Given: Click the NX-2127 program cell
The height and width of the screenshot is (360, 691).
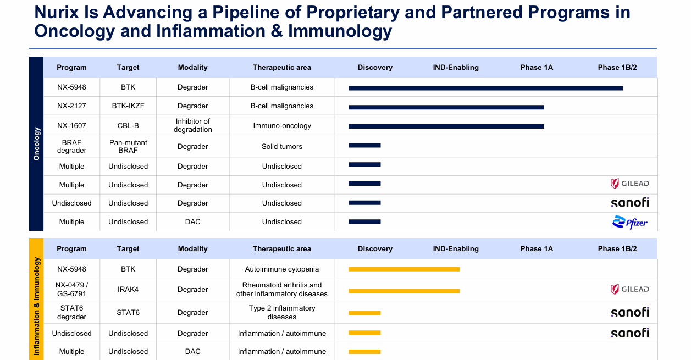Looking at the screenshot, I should pyautogui.click(x=71, y=106).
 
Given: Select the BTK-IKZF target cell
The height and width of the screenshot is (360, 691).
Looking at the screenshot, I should pyautogui.click(x=128, y=106).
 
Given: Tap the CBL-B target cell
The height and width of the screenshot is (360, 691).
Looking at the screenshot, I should pyautogui.click(x=128, y=126).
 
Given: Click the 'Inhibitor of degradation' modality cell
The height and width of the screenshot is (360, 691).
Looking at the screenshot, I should pyautogui.click(x=192, y=126).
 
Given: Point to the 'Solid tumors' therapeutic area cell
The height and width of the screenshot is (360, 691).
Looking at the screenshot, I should pyautogui.click(x=282, y=147).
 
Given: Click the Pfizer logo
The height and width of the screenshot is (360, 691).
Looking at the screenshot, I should pyautogui.click(x=630, y=222).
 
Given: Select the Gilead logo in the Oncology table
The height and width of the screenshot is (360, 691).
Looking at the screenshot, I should pyautogui.click(x=630, y=184).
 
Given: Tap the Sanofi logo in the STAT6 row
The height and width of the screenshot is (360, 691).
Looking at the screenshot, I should pyautogui.click(x=630, y=312).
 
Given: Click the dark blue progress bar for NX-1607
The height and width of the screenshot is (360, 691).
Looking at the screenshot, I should pyautogui.click(x=446, y=126).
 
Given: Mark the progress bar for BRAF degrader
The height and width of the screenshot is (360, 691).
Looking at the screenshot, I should pyautogui.click(x=364, y=146).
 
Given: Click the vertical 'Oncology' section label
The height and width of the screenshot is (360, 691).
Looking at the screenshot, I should pyautogui.click(x=37, y=144).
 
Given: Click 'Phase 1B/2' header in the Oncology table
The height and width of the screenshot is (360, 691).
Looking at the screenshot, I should pyautogui.click(x=617, y=68).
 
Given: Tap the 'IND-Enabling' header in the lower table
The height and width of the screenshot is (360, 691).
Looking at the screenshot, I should pyautogui.click(x=456, y=249).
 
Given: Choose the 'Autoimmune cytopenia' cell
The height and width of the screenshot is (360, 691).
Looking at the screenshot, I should pyautogui.click(x=282, y=269).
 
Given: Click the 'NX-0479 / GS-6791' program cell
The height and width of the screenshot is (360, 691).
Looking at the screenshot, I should pyautogui.click(x=71, y=290).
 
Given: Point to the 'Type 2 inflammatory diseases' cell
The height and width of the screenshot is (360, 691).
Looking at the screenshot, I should pyautogui.click(x=282, y=313).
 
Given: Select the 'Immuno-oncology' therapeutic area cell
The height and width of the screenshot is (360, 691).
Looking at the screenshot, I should pyautogui.click(x=282, y=126).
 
